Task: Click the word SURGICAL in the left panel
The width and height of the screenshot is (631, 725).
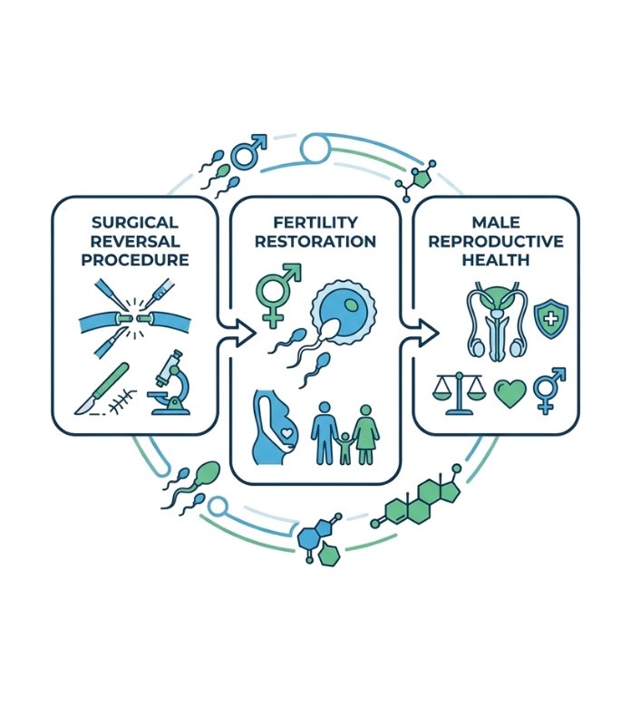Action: pos(135,223)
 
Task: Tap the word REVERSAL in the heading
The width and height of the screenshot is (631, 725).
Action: pos(135,241)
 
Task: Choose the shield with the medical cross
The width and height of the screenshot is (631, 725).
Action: pos(548,320)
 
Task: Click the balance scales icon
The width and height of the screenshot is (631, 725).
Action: pos(461,392)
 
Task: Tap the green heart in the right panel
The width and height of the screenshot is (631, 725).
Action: pos(509,393)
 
